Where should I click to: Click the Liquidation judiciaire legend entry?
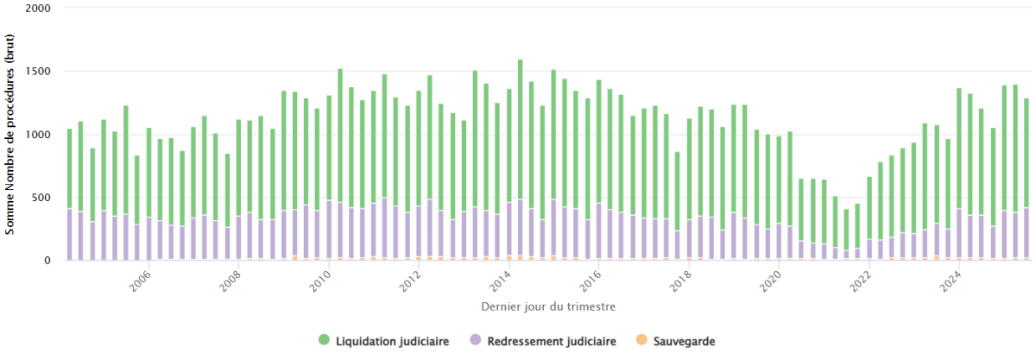pos(392,341)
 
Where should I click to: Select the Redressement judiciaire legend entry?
pos(552,341)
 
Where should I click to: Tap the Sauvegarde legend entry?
pos(682,341)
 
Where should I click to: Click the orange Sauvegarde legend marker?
pos(641,341)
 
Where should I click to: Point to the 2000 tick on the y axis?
pos(40,9)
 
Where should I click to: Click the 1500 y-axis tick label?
pos(40,72)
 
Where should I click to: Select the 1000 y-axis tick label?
pos(40,135)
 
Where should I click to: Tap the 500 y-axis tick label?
pos(43,198)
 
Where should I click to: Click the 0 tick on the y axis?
pos(48,260)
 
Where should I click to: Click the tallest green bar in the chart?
pos(521,129)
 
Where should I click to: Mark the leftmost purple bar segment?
pos(70,234)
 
